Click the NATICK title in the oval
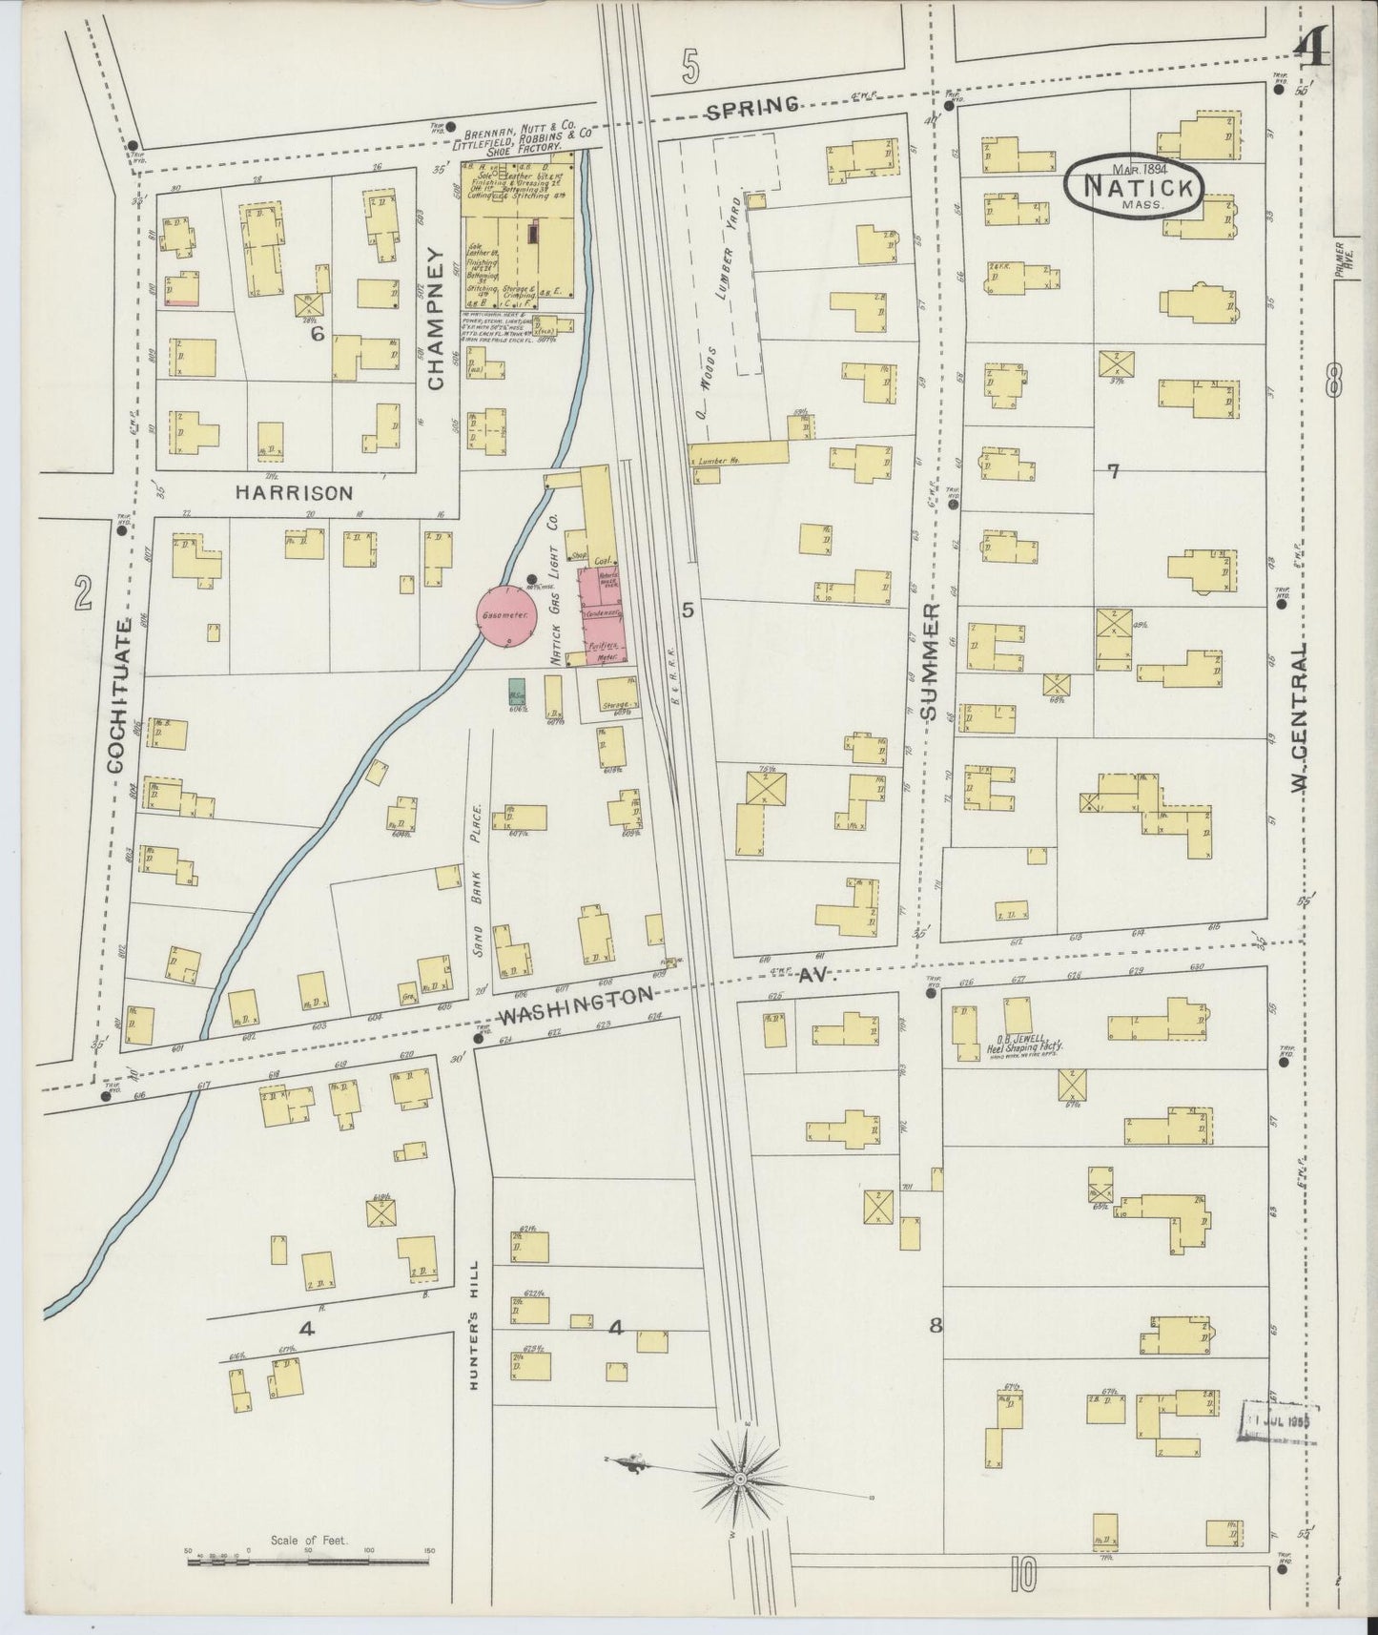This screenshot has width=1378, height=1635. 1133,187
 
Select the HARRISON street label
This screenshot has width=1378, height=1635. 294,492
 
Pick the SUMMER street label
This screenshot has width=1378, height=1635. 932,659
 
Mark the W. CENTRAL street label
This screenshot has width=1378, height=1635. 1298,716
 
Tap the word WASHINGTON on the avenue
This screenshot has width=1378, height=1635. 578,1003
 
